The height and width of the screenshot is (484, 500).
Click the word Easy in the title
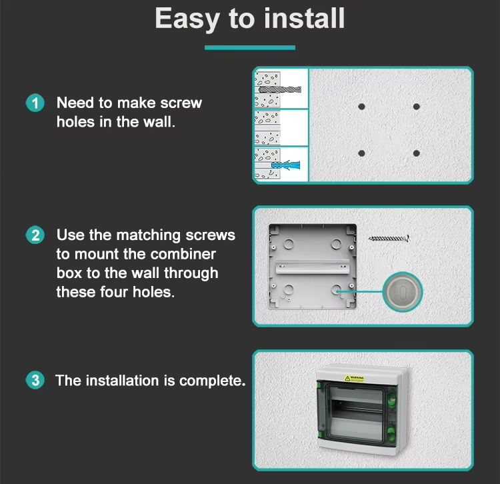click(x=187, y=19)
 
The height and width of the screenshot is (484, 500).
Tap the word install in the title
click(x=305, y=18)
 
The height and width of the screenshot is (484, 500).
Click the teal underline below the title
click(x=250, y=48)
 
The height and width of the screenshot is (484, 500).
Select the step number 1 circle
click(x=35, y=103)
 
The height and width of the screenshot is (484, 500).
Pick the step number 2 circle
click(x=35, y=235)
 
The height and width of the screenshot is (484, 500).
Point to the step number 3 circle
click(x=35, y=380)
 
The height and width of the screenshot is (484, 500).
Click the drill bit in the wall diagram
click(x=279, y=89)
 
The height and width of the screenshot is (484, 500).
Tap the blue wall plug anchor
click(x=285, y=165)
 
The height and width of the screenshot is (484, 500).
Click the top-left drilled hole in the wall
click(x=361, y=107)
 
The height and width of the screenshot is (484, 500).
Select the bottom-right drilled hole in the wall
click(x=416, y=153)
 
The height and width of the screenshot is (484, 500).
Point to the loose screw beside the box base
click(x=389, y=238)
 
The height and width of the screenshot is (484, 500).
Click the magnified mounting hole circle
click(x=403, y=292)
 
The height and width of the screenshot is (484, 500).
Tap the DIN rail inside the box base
click(x=312, y=267)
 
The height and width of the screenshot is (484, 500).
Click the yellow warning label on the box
click(x=354, y=379)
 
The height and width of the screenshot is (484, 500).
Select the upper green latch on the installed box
click(x=391, y=399)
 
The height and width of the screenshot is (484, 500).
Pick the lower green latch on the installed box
click(x=391, y=433)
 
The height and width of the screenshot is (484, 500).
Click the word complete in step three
click(x=213, y=381)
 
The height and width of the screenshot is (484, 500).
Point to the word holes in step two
click(x=154, y=292)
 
